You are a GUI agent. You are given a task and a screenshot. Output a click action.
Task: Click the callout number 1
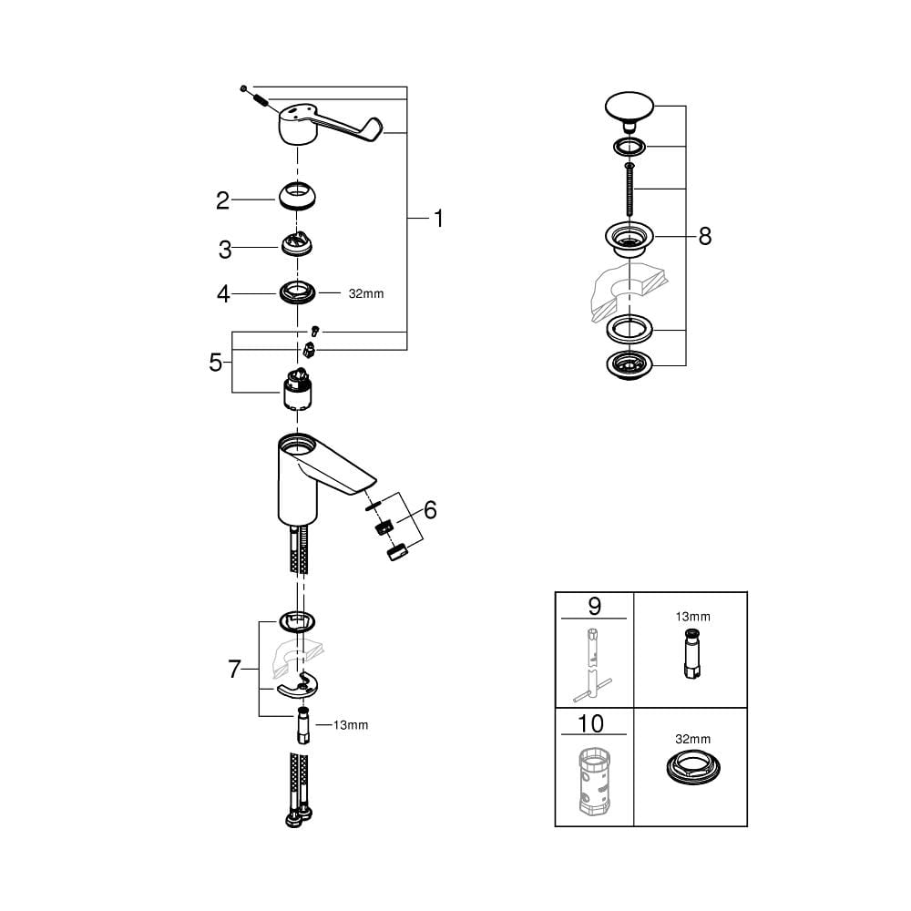click(439, 219)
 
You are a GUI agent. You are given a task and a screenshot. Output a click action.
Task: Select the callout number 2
click(222, 201)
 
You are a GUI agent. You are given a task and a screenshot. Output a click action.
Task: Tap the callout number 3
click(225, 250)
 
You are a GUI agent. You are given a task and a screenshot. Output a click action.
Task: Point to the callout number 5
click(216, 363)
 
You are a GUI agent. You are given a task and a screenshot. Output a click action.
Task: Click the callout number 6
click(430, 510)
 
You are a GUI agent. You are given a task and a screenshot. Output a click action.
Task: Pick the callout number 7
click(234, 670)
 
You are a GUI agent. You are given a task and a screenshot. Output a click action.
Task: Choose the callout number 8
click(705, 237)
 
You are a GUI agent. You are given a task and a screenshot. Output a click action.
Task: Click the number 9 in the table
click(594, 606)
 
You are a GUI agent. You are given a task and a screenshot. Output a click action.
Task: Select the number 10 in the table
click(590, 724)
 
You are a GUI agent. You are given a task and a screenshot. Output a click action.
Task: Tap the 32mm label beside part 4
click(366, 294)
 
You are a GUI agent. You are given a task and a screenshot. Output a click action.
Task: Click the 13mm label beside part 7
click(351, 725)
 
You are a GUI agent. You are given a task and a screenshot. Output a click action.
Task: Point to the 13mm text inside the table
click(692, 617)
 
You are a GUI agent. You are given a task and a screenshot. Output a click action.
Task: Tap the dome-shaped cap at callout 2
click(297, 197)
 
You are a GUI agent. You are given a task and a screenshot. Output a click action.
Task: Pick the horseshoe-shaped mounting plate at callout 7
click(298, 686)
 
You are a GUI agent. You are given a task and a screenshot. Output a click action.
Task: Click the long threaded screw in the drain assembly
click(630, 190)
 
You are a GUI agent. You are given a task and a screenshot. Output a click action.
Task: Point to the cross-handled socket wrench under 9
click(593, 665)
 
